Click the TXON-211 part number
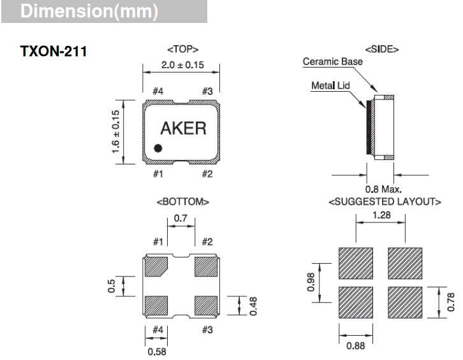click(54, 52)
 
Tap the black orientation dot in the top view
click(158, 148)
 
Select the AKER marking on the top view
click(184, 128)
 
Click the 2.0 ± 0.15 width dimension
click(182, 65)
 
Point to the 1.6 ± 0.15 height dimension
click(116, 132)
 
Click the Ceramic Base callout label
click(333, 61)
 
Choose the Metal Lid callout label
click(331, 85)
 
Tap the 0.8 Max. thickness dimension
click(383, 189)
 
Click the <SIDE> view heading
click(382, 49)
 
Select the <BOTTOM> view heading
click(183, 202)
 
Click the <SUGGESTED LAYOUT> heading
click(385, 202)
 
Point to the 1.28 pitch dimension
click(381, 215)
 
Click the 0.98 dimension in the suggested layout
click(311, 282)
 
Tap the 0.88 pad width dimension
click(355, 345)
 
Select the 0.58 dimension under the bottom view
click(157, 352)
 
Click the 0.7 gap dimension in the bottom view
click(180, 219)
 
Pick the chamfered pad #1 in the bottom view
click(156, 267)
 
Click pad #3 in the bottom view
click(206, 306)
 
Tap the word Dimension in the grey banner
click(66, 11)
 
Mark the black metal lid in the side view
click(369, 127)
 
